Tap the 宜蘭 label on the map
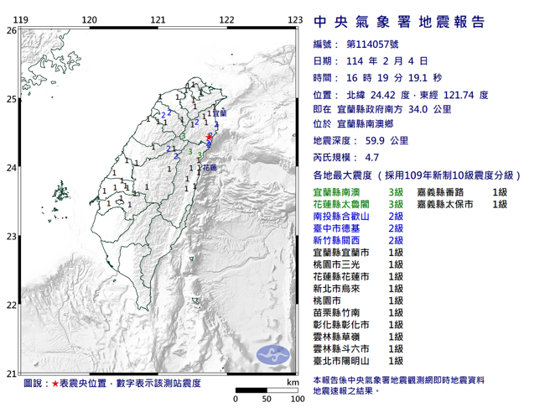point(219,112)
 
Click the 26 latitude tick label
point(11,30)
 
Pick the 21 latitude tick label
point(11,374)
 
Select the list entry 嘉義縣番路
point(444,192)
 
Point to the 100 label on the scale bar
point(296,400)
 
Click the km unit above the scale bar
point(292,382)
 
